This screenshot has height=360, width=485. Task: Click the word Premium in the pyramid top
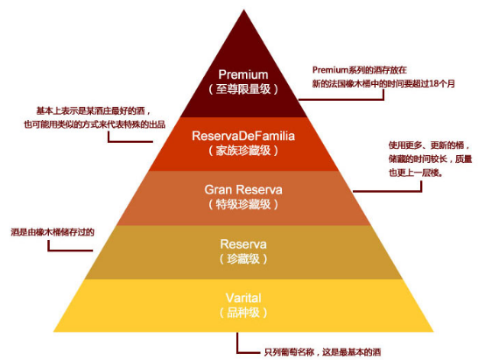243,74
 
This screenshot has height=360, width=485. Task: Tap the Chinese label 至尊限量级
243,89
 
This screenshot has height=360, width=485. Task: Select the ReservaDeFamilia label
243,136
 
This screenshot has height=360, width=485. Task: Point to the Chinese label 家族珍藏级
243,151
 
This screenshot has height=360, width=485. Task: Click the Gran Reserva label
243,189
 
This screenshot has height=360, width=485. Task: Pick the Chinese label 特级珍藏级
243,204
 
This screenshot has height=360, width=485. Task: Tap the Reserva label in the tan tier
243,244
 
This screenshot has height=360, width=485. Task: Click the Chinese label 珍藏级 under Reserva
243,258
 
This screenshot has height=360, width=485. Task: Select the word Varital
243,298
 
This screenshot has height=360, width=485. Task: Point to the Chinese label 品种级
243,313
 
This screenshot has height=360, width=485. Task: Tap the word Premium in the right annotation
330,70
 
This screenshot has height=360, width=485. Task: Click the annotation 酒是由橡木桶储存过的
53,232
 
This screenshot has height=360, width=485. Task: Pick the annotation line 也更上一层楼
416,173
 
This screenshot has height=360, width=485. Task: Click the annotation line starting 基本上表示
93,111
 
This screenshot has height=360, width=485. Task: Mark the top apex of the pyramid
243,10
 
